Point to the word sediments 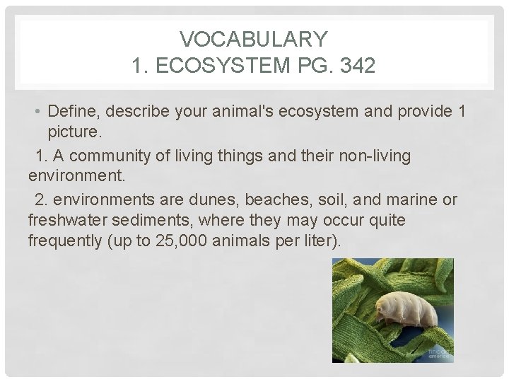point(153,220)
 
